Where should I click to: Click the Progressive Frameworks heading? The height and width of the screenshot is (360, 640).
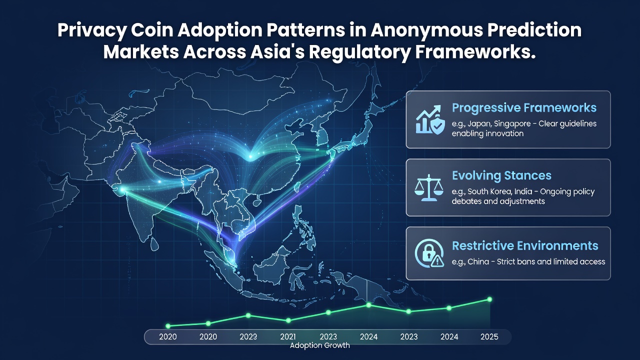click(x=524, y=108)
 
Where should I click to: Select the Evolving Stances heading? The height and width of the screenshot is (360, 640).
click(x=501, y=175)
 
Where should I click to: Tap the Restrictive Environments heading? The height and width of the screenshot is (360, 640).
click(x=525, y=245)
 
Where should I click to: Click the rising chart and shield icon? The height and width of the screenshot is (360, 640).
click(x=430, y=119)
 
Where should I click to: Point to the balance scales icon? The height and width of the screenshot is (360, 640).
click(x=429, y=187)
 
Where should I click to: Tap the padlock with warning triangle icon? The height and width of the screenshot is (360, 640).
click(x=429, y=253)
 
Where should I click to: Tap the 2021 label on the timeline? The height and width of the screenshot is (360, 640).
click(x=288, y=337)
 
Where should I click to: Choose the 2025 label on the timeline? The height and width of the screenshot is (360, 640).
click(x=489, y=337)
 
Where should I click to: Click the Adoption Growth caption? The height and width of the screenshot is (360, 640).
click(x=319, y=345)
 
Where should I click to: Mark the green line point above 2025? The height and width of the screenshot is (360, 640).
click(x=489, y=299)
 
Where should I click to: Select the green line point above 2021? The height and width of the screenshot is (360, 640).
click(x=288, y=320)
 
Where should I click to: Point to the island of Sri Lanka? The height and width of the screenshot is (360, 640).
click(x=154, y=243)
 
